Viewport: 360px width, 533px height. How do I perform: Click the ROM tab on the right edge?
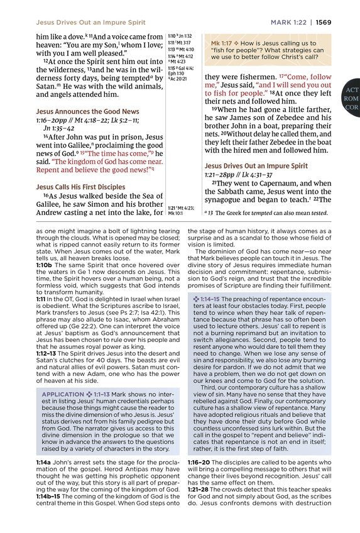pyautogui.click(x=351, y=99)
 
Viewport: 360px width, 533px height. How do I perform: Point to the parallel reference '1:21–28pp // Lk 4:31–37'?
pyautogui.click(x=240, y=174)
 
